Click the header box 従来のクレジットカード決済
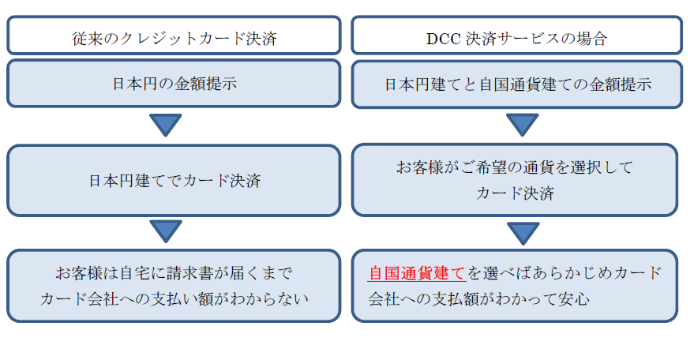tap(174, 36)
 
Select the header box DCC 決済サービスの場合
tap(516, 36)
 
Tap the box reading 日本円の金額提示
tap(174, 83)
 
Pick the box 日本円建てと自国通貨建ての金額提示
tap(516, 84)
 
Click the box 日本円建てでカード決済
tap(174, 181)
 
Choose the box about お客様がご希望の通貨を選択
tap(515, 180)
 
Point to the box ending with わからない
tap(174, 286)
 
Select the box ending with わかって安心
tap(515, 286)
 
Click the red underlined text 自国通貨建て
tap(417, 273)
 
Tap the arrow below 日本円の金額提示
tap(166, 124)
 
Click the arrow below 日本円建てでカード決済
tap(166, 231)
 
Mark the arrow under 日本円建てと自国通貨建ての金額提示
tap(522, 124)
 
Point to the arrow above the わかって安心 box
tap(523, 232)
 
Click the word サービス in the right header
tap(529, 39)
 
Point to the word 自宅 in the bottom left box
tap(136, 273)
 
